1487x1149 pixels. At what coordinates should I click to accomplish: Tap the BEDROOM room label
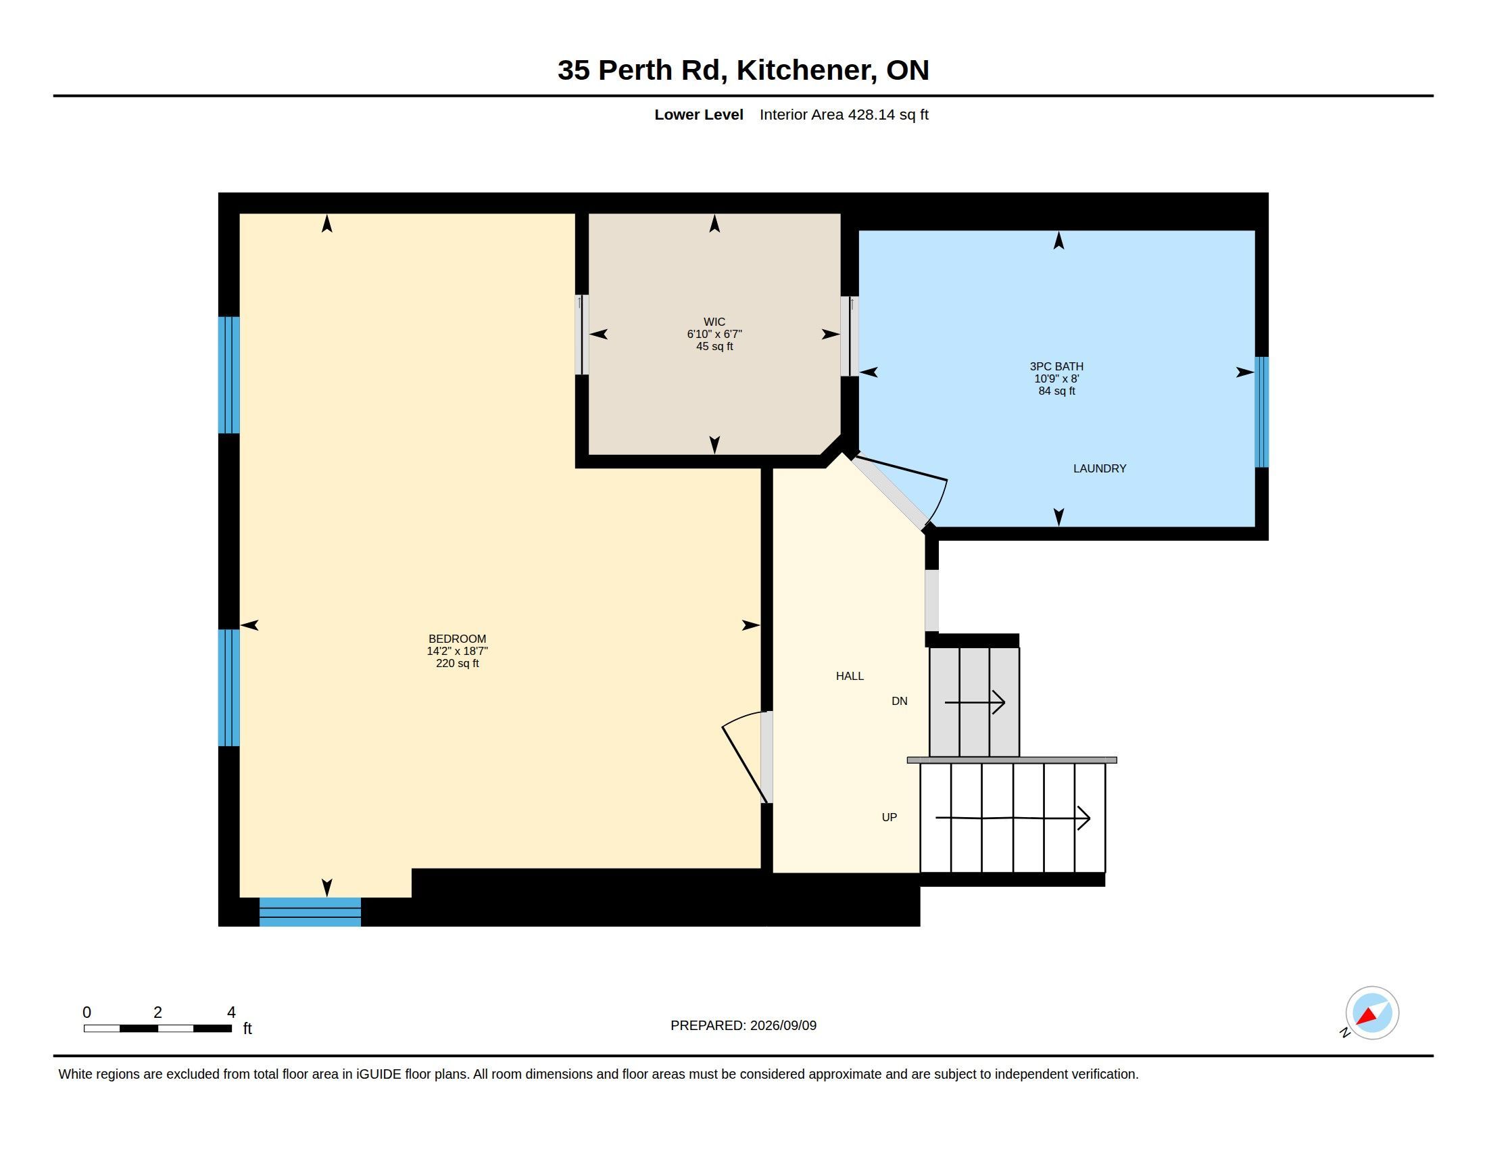coord(457,639)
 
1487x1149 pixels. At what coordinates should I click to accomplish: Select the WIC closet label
coord(714,322)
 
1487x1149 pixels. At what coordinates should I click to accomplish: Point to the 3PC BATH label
coord(1056,366)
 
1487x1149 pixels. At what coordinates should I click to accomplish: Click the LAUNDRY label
coord(1100,468)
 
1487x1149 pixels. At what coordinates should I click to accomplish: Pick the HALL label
coord(850,676)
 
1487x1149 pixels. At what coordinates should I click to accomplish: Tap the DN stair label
coord(900,701)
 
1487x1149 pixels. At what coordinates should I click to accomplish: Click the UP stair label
coord(889,818)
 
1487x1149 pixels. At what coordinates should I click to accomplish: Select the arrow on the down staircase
coord(975,702)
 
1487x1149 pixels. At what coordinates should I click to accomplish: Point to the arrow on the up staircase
coord(1013,818)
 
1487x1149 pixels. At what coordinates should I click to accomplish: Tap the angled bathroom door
coord(899,491)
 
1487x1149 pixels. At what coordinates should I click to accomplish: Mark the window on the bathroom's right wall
coord(1262,412)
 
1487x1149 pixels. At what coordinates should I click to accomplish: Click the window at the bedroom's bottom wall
coord(310,912)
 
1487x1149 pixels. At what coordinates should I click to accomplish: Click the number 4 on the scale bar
coord(231,1012)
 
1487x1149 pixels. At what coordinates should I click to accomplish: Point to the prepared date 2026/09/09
coord(783,1025)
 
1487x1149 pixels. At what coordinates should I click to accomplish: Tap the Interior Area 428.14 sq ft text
coord(844,114)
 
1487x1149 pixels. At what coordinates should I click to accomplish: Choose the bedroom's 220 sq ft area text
coord(457,663)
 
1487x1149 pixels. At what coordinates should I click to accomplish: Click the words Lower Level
coord(699,114)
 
